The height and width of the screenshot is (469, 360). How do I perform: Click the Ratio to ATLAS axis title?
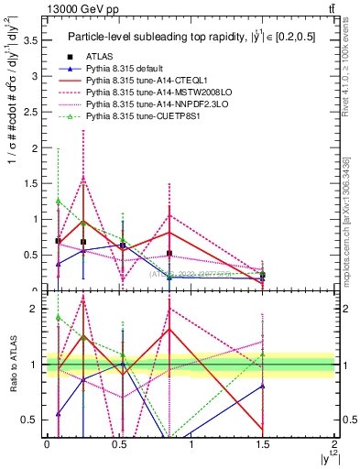tap(11, 365)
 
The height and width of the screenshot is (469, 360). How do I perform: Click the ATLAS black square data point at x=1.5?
tap(262, 275)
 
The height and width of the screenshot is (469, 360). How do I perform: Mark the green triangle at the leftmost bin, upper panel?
tap(59, 201)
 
